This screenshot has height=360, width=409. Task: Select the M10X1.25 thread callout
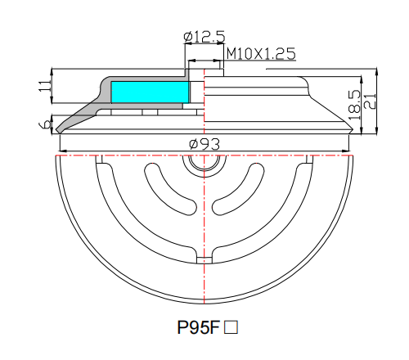click(259, 53)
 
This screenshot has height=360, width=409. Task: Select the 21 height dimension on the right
click(370, 99)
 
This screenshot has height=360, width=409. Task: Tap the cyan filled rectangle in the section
click(148, 92)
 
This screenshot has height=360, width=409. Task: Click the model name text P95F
click(199, 328)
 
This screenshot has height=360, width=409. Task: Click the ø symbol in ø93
click(193, 144)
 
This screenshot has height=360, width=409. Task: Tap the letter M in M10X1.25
click(231, 53)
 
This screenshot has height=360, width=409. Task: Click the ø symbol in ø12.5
click(188, 37)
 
